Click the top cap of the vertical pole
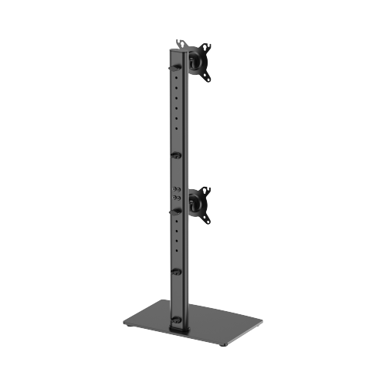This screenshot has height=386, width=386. (175, 48)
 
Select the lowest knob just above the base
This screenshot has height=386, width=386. (175, 273)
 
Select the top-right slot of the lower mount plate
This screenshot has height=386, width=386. (208, 188)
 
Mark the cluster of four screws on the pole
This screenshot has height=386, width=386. (178, 192)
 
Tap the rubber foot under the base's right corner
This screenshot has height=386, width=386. (260, 317)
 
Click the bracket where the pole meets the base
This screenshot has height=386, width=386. (178, 321)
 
